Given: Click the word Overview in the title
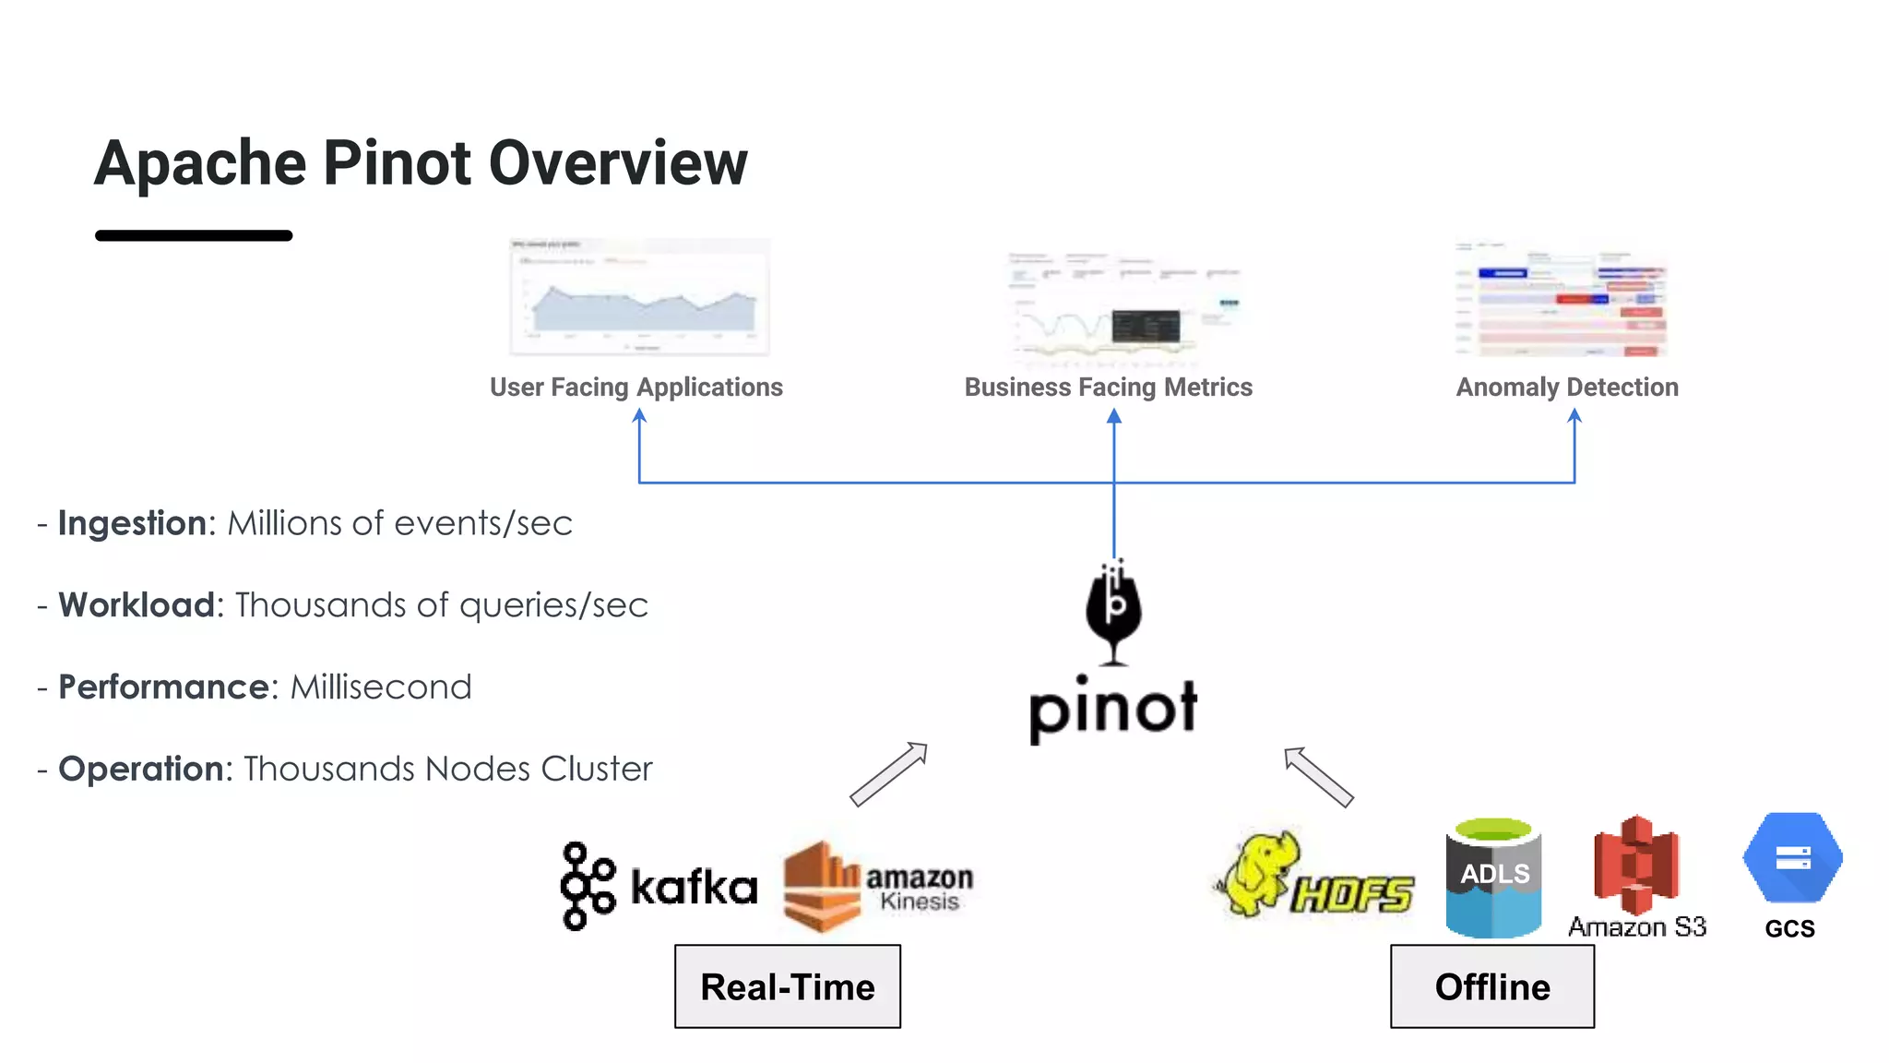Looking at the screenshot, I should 618,162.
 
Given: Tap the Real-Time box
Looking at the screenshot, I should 787,986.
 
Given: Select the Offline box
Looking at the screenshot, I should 1491,986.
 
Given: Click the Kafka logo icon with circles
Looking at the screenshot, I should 587,885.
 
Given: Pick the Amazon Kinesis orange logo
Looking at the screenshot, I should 821,886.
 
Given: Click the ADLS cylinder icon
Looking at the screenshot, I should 1493,878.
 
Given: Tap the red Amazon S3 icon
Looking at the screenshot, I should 1636,864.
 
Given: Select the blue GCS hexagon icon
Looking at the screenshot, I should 1792,858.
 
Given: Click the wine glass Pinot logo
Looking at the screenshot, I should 1113,612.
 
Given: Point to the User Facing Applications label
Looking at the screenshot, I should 636,387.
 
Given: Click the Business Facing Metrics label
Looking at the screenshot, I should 1108,387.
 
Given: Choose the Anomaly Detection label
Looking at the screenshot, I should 1567,387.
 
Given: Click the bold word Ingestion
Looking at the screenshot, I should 132,523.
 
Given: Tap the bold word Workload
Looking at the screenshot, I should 137,605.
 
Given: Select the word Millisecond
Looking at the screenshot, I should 380,687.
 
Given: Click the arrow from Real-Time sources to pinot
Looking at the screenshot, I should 888,774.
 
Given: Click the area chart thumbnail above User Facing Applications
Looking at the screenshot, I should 639,297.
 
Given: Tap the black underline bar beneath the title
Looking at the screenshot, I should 194,235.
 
